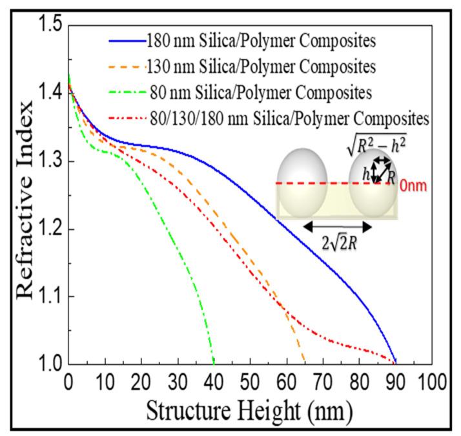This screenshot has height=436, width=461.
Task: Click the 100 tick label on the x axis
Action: point(431,382)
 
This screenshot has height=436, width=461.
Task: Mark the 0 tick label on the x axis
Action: point(68,382)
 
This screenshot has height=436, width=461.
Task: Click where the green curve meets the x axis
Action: point(214,363)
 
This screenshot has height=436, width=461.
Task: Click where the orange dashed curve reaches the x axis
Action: point(304,363)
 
